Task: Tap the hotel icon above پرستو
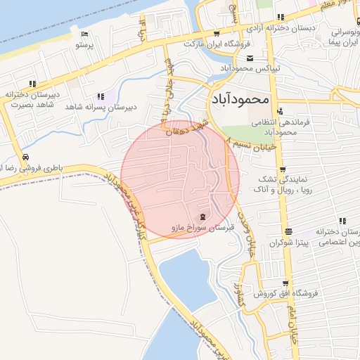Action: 84,34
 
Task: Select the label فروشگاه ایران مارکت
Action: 217,44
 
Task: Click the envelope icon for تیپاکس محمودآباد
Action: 250,58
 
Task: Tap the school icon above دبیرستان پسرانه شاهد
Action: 103,96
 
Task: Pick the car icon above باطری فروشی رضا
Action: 25,157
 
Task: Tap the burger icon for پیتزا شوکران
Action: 287,231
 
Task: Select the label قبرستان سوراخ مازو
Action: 202,228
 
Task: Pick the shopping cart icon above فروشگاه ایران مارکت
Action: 217,33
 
